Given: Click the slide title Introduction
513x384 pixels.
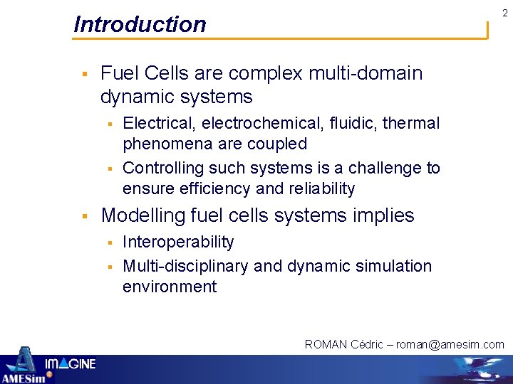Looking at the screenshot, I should (140, 24).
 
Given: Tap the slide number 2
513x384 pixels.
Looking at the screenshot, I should (504, 13).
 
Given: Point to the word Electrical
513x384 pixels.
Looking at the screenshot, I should (159, 123).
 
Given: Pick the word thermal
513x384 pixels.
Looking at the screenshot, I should (411, 123).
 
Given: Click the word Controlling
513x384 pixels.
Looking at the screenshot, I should (163, 169).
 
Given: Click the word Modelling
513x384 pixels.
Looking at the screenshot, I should (145, 215).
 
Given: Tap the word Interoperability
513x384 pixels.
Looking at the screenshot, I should (178, 242).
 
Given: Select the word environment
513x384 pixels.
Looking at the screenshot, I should (170, 287).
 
